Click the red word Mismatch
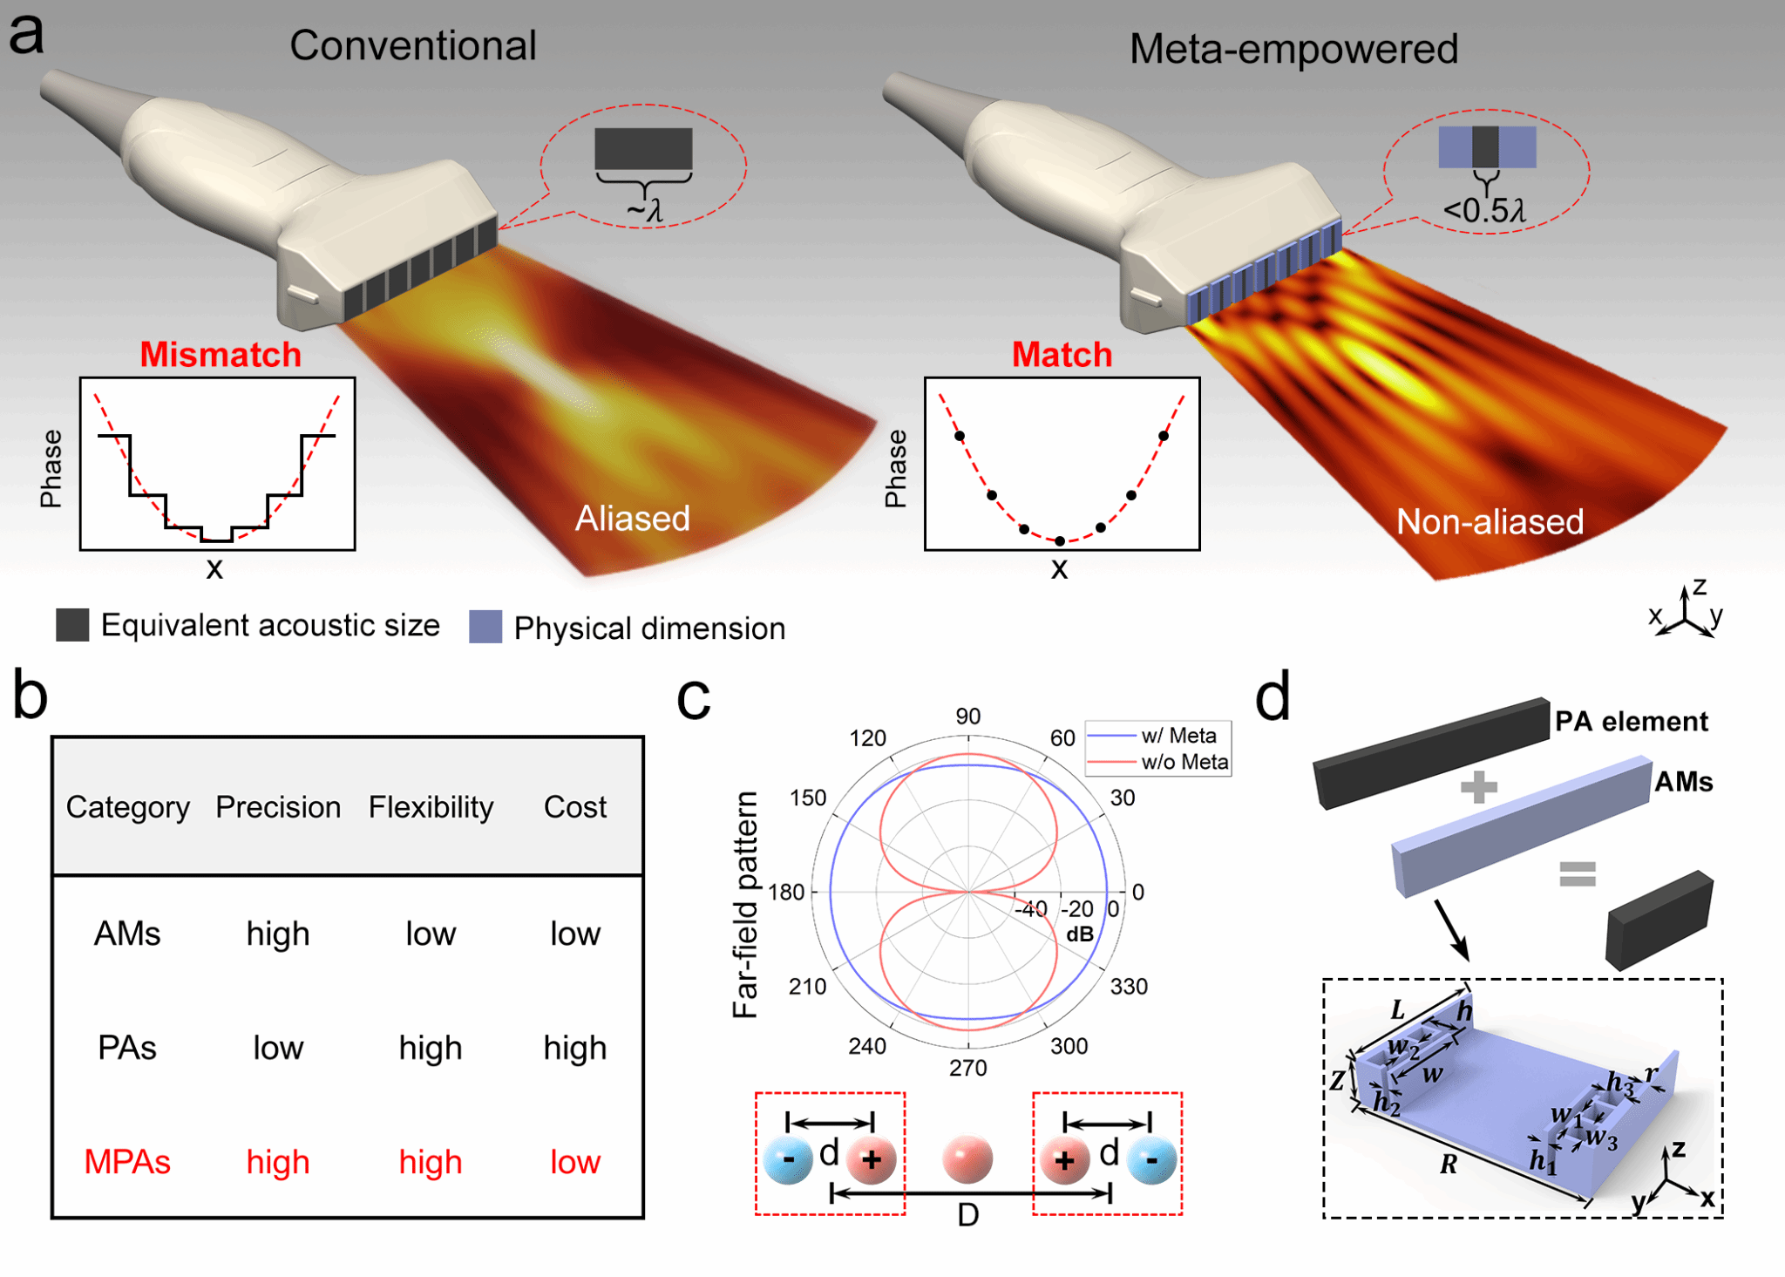(x=221, y=355)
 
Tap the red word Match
(x=1062, y=355)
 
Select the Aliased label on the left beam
(x=632, y=519)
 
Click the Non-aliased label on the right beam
(x=1490, y=522)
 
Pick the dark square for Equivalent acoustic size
(x=72, y=625)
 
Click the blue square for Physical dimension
(x=485, y=627)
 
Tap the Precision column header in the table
(x=278, y=807)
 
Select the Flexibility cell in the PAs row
(x=431, y=1048)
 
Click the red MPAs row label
(x=127, y=1162)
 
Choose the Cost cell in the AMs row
(x=575, y=934)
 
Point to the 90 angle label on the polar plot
(x=968, y=717)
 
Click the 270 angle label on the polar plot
(x=968, y=1068)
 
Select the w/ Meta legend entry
(x=1178, y=736)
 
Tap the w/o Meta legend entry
(x=1184, y=762)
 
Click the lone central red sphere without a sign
(x=967, y=1160)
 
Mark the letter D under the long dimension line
(x=968, y=1215)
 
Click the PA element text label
(x=1631, y=722)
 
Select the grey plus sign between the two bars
(x=1478, y=788)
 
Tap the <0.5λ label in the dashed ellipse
(x=1485, y=210)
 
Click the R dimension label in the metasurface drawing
(x=1449, y=1165)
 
